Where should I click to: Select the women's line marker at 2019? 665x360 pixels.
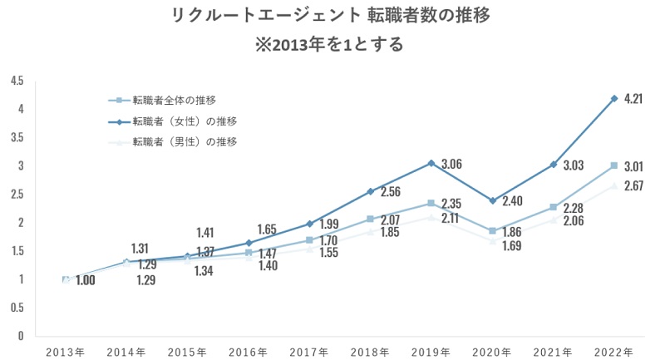pos(431,163)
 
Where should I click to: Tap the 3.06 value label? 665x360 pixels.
pos(452,164)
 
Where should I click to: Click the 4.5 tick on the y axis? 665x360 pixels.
pos(17,81)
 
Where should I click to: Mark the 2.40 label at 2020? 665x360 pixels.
pos(515,200)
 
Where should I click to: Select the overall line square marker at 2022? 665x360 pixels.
pos(614,165)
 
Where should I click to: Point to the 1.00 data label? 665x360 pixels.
pos(84,280)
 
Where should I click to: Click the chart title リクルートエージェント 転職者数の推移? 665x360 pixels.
pos(332,16)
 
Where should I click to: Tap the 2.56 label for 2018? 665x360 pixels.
pos(392,192)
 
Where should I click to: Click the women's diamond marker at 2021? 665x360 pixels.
pos(554,165)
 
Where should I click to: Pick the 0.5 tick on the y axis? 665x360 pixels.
pos(17,308)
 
